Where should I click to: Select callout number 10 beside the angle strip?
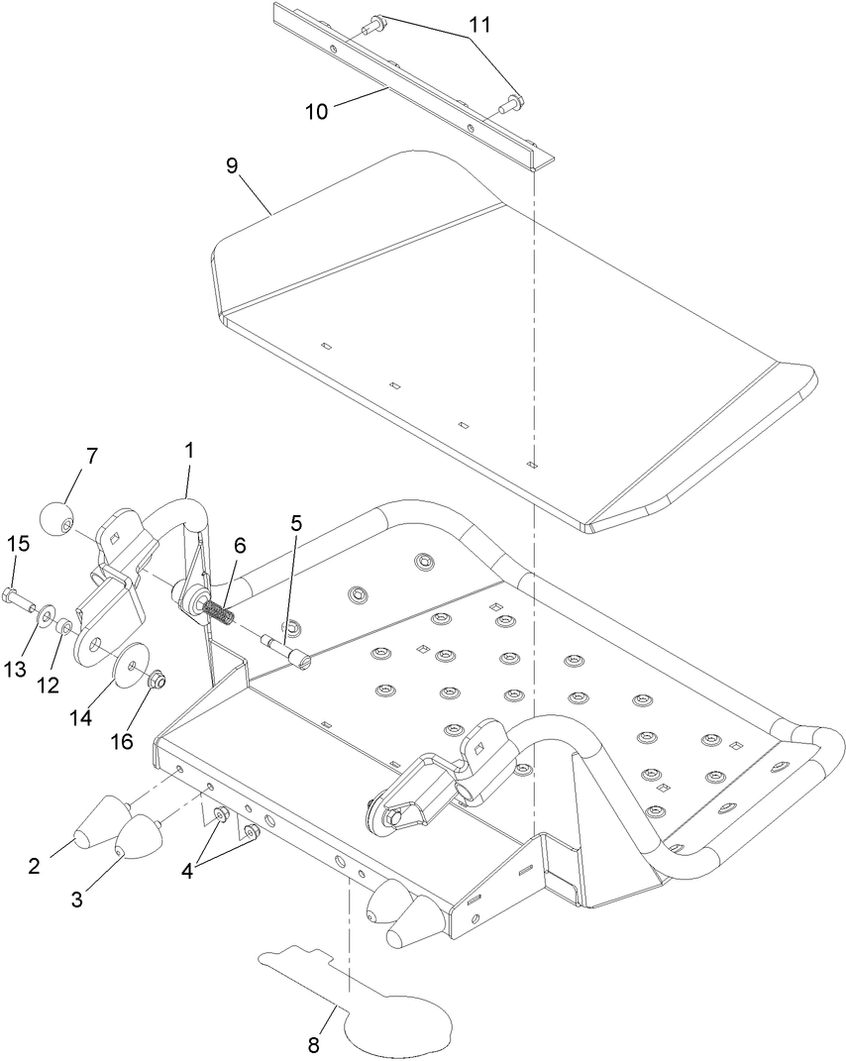[x=316, y=112]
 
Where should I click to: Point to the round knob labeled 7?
[x=57, y=517]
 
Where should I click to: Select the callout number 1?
[x=188, y=450]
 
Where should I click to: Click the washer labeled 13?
[x=45, y=619]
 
